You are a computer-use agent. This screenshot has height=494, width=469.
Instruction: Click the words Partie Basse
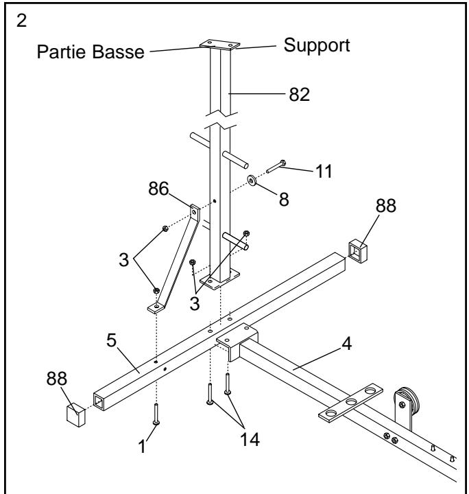88,53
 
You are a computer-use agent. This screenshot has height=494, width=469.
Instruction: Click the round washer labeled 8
252,182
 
